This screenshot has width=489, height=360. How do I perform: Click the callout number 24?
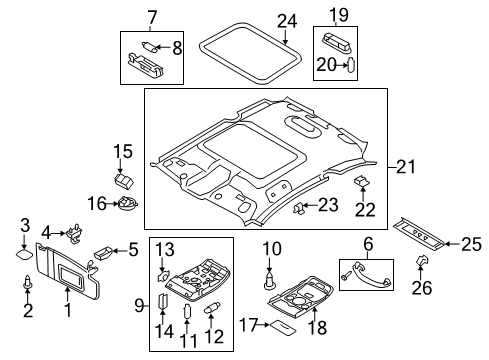pos(287,21)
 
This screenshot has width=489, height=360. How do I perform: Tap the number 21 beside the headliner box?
pos(406,166)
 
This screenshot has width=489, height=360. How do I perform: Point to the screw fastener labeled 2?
pos(27,283)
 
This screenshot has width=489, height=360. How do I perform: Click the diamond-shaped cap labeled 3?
pos(24,254)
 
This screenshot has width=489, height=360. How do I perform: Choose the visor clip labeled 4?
pos(75,233)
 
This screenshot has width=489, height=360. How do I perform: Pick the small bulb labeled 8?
pos(150,46)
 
